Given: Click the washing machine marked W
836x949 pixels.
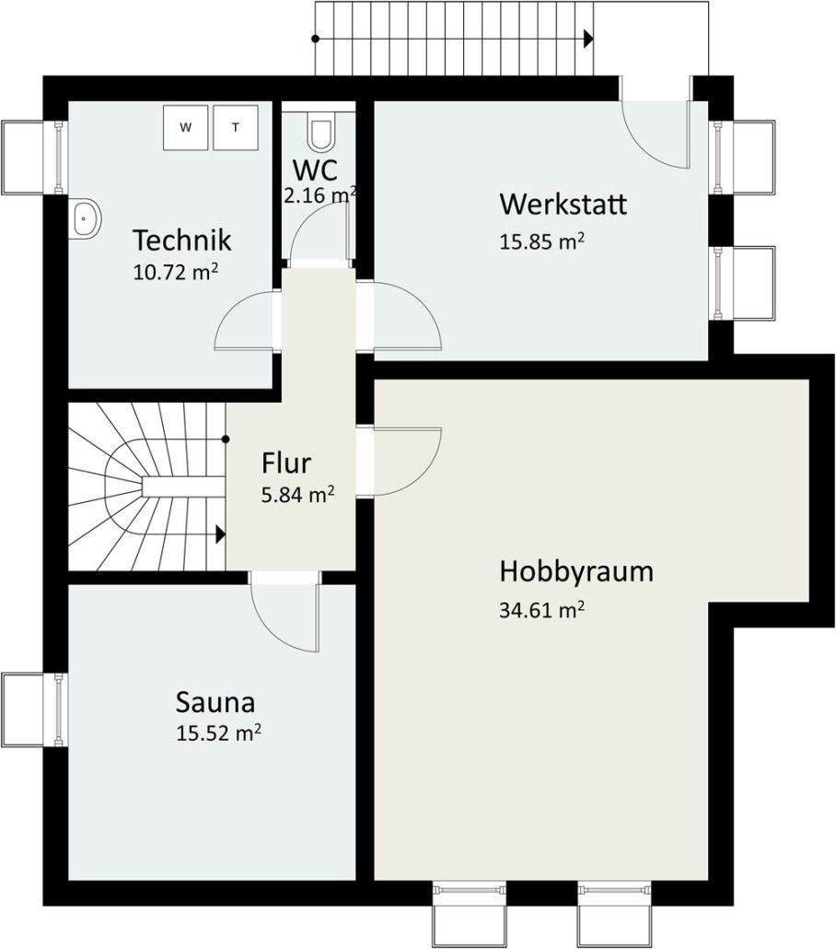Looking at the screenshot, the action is [x=186, y=127].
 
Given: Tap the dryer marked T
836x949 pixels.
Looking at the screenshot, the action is [x=236, y=127].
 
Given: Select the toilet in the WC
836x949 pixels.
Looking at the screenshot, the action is [x=320, y=132].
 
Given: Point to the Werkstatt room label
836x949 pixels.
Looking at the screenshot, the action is [x=563, y=204].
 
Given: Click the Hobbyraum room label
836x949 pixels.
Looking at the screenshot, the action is [x=576, y=571].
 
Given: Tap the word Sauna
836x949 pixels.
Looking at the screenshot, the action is [x=215, y=703].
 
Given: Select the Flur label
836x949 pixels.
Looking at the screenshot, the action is [x=286, y=463].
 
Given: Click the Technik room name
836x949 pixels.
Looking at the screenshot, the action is [x=181, y=240].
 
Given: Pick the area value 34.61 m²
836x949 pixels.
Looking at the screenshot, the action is [x=541, y=609].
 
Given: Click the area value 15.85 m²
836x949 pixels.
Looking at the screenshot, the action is [x=541, y=240].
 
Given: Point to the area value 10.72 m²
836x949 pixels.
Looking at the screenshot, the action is [x=176, y=272].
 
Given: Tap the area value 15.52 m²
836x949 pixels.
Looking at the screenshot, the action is [x=218, y=732].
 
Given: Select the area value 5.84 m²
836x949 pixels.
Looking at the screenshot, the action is [x=297, y=495].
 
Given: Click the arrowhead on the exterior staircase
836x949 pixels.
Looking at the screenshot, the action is [x=588, y=40].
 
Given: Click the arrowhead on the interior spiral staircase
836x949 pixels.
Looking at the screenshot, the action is [x=221, y=534].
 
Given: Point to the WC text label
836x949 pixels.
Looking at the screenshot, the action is [x=315, y=170].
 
